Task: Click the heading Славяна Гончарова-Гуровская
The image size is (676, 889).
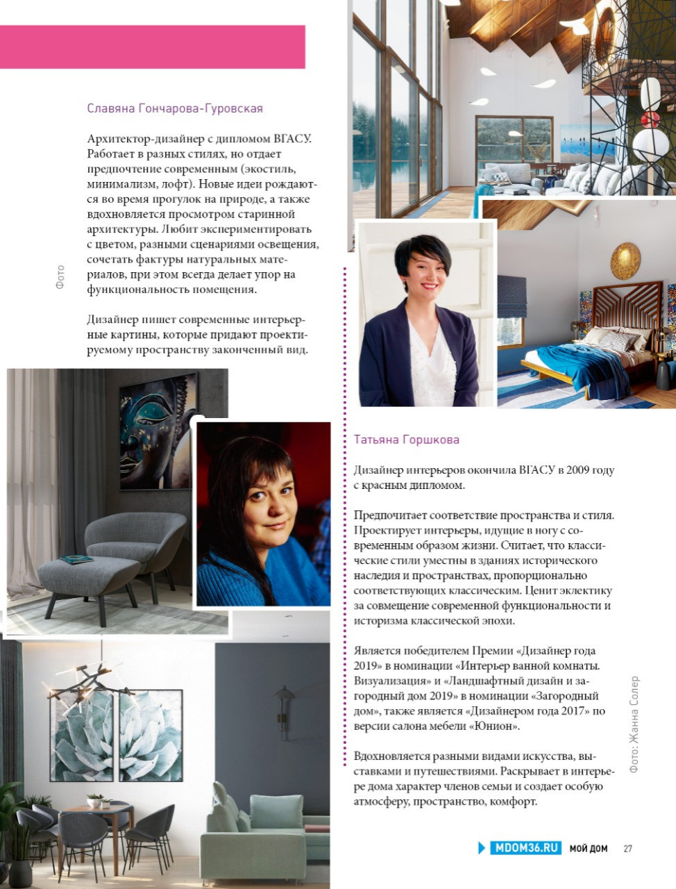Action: click(x=175, y=108)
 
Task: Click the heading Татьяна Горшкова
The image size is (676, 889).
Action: click(x=406, y=440)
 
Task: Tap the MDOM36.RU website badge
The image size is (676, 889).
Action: click(x=525, y=848)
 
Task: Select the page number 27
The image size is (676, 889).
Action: click(x=627, y=849)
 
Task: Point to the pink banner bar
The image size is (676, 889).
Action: click(x=153, y=47)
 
